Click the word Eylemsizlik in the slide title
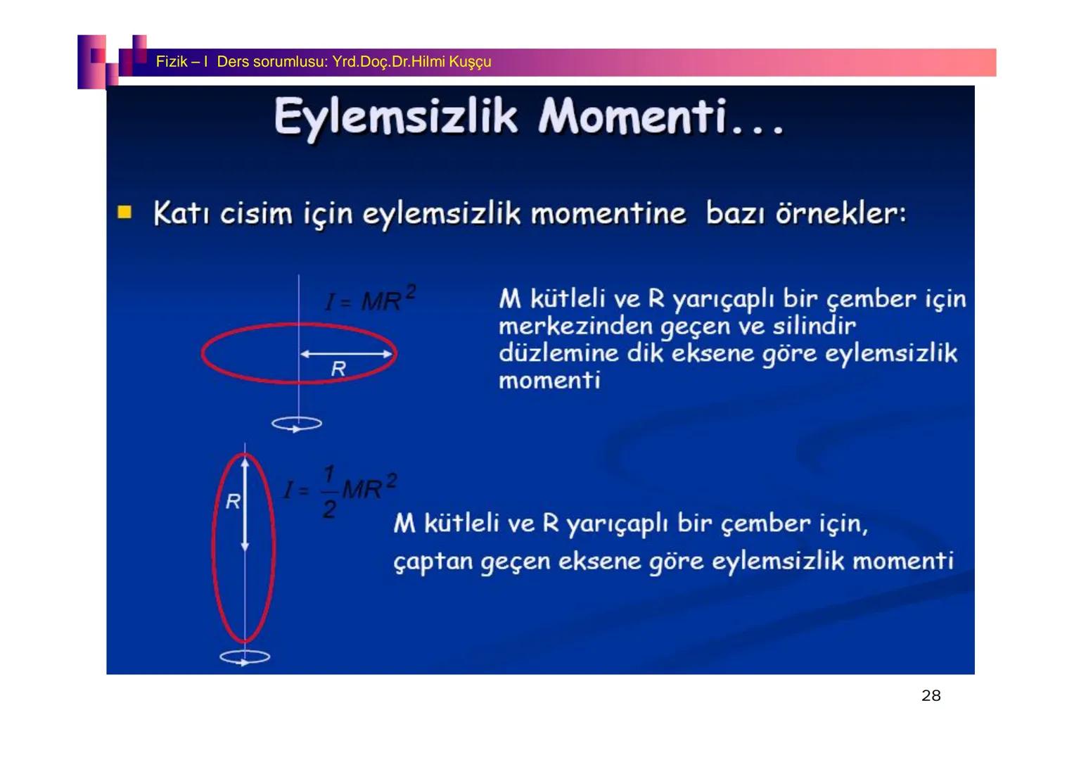click(x=395, y=117)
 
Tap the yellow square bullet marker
click(x=124, y=213)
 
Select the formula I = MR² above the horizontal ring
click(x=370, y=298)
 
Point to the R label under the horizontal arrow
click(x=338, y=368)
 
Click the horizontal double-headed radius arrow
click(x=346, y=354)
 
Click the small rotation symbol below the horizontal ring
click(x=297, y=424)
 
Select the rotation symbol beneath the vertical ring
click(x=245, y=657)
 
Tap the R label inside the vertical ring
click(x=233, y=501)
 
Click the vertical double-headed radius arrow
click(x=245, y=504)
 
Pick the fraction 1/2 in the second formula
click(x=328, y=492)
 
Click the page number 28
click(x=931, y=695)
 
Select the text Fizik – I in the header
click(x=181, y=62)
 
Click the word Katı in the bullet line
click(x=181, y=213)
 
